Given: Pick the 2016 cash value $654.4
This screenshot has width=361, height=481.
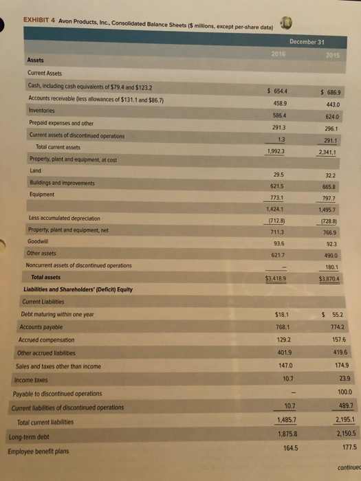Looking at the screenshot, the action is click(275, 91).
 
